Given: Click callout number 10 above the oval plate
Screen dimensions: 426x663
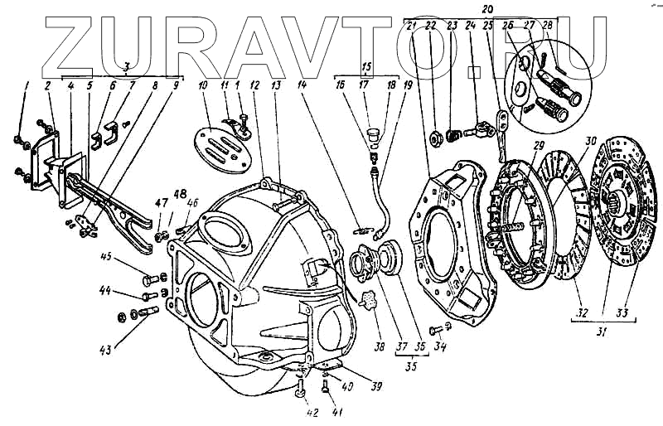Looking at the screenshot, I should pos(201,85).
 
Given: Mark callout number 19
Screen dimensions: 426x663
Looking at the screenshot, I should pos(406,85).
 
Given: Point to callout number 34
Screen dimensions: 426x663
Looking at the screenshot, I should pos(440,347).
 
